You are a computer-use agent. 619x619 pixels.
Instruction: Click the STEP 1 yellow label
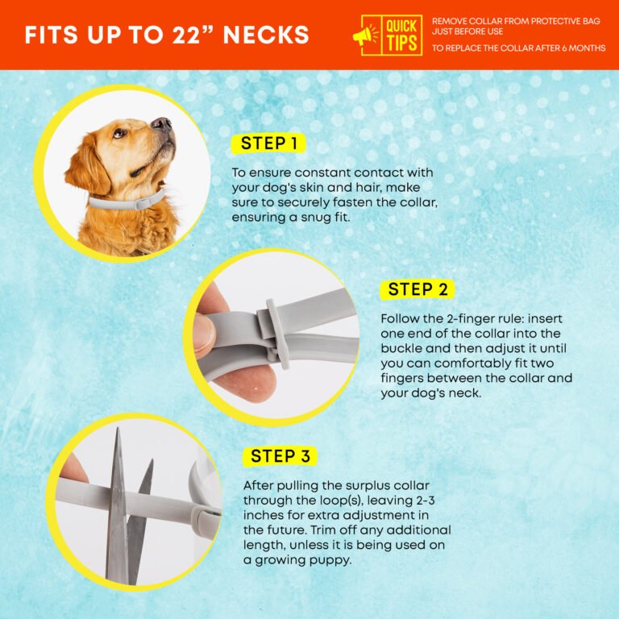(x=268, y=143)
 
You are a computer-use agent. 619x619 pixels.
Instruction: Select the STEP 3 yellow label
(x=280, y=456)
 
